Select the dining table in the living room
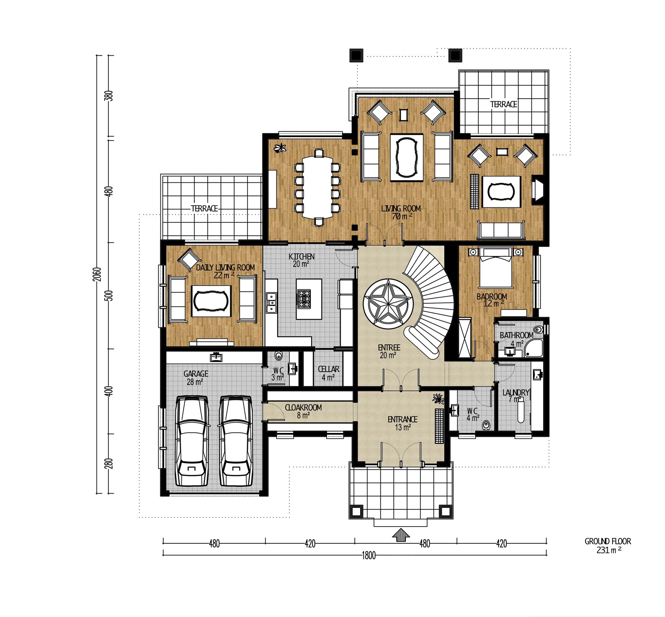(319, 187)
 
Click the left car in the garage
(192, 441)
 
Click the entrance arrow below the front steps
(401, 535)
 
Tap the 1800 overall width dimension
(369, 555)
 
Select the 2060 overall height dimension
(97, 274)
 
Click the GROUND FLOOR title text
(608, 541)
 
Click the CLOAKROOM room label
(303, 407)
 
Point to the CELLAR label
(328, 369)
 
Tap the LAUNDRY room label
(516, 392)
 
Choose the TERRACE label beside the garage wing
(204, 208)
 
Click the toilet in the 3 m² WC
(278, 356)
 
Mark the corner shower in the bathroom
(534, 348)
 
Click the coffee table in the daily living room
(211, 301)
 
